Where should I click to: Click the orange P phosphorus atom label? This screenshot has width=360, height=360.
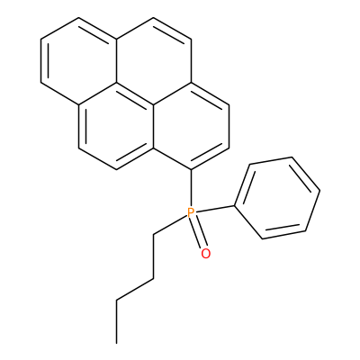(x=191, y=212)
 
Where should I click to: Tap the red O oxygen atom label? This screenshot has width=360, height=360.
(x=206, y=254)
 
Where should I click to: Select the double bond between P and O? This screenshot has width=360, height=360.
(x=198, y=233)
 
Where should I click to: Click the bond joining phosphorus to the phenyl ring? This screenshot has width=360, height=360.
(x=214, y=209)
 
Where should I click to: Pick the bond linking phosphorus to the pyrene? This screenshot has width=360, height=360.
(x=191, y=188)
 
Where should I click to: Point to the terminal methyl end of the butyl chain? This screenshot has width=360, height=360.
(x=116, y=343)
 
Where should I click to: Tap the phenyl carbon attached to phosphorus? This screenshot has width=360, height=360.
(x=234, y=206)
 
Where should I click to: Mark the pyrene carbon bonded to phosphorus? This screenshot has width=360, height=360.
(x=191, y=170)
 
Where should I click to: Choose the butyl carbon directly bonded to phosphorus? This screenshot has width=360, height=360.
(x=153, y=234)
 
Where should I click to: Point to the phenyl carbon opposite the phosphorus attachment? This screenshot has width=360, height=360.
(x=320, y=190)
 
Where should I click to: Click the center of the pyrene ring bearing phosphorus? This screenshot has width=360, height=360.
(x=191, y=127)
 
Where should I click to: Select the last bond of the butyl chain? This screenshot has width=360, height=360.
(x=116, y=321)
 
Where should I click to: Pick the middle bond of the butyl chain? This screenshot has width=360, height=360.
(x=135, y=289)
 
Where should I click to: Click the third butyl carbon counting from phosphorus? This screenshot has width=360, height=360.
(x=116, y=300)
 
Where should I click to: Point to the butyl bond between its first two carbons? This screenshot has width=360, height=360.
(x=153, y=256)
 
